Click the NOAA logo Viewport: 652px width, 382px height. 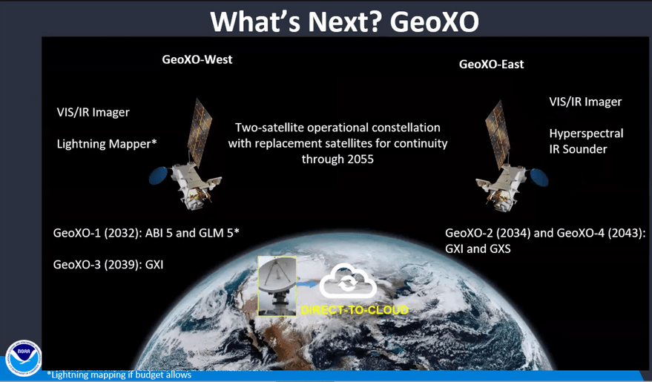pos(23,358)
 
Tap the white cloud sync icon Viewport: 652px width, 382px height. pos(348,281)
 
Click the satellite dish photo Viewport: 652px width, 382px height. pos(277,286)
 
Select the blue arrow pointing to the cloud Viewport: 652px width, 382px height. pos(306,284)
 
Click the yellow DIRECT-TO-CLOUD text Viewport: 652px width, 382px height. pos(355,310)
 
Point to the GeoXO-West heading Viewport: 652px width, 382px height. pos(197,59)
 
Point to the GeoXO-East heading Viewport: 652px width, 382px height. pos(492,65)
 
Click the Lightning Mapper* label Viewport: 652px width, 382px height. pos(107,144)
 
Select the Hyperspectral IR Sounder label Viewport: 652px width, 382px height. pos(586,142)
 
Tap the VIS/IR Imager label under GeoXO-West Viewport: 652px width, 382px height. pos(93,112)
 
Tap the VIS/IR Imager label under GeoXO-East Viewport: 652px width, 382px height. pos(585,102)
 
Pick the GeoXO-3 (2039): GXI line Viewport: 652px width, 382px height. pos(108,265)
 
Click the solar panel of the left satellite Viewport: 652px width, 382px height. pos(200,132)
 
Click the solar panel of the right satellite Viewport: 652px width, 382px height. pos(498,134)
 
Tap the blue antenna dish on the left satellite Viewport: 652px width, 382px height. pos(159,175)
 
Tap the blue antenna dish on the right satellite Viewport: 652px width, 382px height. pos(539,177)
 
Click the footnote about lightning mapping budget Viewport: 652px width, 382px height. pos(119,375)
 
